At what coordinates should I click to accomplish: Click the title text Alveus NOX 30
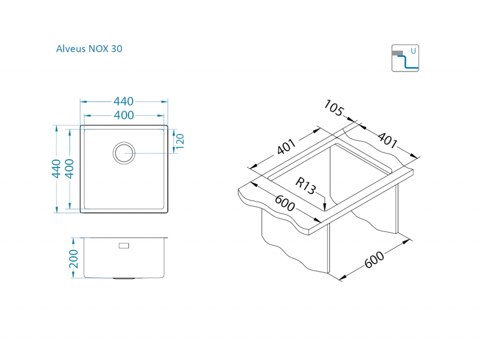tap(89, 49)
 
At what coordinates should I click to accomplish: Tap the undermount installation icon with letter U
tap(405, 58)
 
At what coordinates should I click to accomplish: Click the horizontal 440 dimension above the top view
tap(124, 101)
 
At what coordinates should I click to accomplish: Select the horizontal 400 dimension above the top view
tap(124, 115)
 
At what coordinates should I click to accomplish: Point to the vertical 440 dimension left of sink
tap(56, 168)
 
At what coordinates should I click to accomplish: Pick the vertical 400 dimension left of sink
tap(69, 168)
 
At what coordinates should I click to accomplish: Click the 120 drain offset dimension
tap(179, 142)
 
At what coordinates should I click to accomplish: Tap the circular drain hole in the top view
tap(124, 152)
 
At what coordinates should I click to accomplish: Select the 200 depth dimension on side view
tap(74, 258)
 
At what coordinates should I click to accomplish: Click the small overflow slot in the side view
tap(124, 245)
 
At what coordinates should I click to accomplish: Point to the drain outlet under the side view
tap(124, 279)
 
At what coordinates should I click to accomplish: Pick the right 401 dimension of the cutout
tap(386, 140)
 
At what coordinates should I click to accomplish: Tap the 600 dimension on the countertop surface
tap(285, 203)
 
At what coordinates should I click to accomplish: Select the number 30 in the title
tap(116, 49)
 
